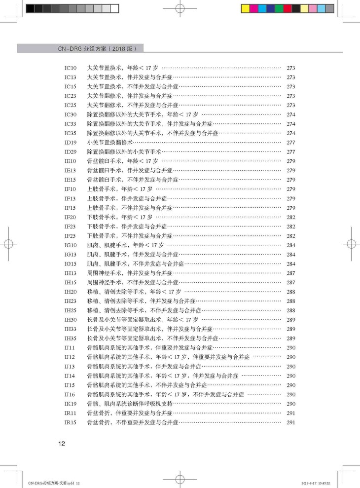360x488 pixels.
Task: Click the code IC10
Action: [70, 68]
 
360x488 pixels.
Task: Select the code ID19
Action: [70, 142]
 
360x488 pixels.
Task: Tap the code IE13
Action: [70, 170]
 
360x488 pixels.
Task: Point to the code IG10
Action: [70, 245]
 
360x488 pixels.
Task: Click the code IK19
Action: [70, 404]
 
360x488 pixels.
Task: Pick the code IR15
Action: [70, 422]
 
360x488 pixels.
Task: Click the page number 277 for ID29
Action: [290, 151]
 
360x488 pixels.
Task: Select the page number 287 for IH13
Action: [290, 273]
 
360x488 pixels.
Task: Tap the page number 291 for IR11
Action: [290, 413]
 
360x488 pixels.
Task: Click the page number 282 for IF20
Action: [290, 217]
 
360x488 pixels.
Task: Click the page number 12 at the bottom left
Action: [62, 443]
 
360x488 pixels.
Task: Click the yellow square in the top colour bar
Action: [246, 8]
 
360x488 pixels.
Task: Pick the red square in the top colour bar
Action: [288, 8]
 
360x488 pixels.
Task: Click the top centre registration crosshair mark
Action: [180, 8]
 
